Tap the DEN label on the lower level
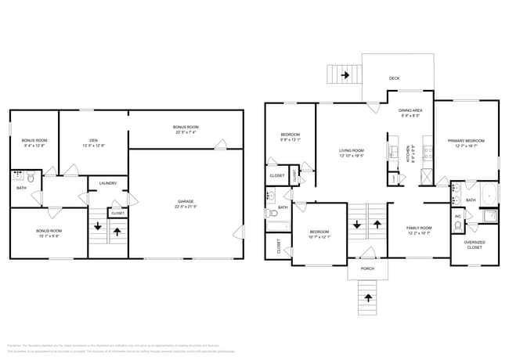click(93, 140)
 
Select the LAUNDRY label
click(107, 184)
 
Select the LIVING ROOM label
click(352, 150)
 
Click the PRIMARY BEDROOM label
click(466, 141)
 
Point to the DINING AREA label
click(411, 111)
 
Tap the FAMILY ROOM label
click(418, 228)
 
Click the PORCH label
click(367, 268)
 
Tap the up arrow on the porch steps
click(368, 297)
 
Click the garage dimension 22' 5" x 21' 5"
click(186, 207)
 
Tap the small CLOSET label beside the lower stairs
click(117, 213)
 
